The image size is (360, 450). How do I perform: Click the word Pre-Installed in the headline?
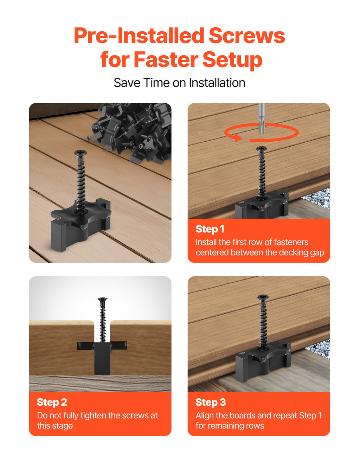(x=139, y=36)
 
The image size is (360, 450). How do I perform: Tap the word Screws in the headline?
(x=247, y=36)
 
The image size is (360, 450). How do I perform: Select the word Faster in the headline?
(x=166, y=60)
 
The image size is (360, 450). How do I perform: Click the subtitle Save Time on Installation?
(x=180, y=83)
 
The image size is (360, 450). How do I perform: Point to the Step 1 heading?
(x=210, y=229)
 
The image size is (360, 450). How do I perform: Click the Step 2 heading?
(x=52, y=403)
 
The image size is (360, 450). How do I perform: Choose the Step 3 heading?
(x=211, y=403)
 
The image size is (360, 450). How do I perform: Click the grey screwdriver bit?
(x=262, y=118)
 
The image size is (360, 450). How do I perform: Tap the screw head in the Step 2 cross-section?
(x=103, y=300)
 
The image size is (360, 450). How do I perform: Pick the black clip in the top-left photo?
(x=81, y=225)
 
